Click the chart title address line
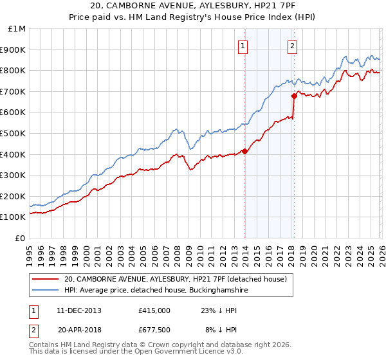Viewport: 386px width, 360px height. (x=193, y=7)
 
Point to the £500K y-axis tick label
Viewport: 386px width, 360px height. (x=14, y=134)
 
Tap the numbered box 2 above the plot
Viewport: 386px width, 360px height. (x=293, y=45)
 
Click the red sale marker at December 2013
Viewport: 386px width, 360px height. (x=244, y=152)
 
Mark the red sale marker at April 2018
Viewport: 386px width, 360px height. (x=294, y=96)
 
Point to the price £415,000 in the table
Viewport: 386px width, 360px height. (x=154, y=310)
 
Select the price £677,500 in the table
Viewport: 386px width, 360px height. (x=154, y=330)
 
